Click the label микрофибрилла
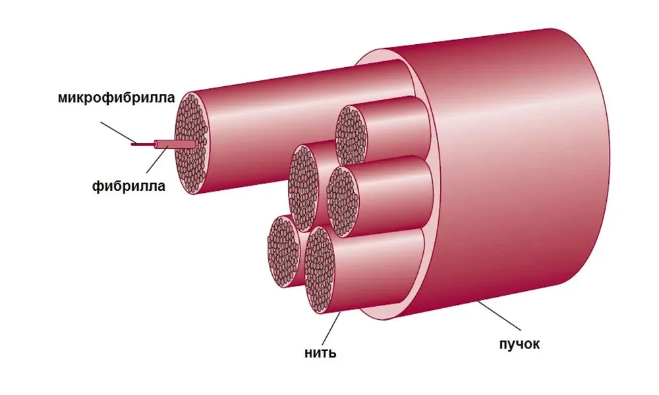pyautogui.click(x=117, y=98)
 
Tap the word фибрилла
pyautogui.click(x=129, y=186)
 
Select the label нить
pyautogui.click(x=320, y=353)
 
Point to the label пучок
pyautogui.click(x=519, y=344)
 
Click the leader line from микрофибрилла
pyautogui.click(x=118, y=132)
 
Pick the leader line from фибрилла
pyautogui.click(x=158, y=159)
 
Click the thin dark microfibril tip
pyautogui.click(x=143, y=144)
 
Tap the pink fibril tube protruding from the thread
pyautogui.click(x=175, y=144)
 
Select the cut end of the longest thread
pyautogui.click(x=192, y=143)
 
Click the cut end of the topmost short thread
pyautogui.click(x=351, y=136)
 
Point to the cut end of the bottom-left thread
pyautogui.click(x=283, y=251)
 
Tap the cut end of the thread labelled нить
pyautogui.click(x=320, y=270)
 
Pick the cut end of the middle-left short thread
pyautogui.click(x=303, y=188)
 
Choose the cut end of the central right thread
pyautogui.click(x=343, y=201)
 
